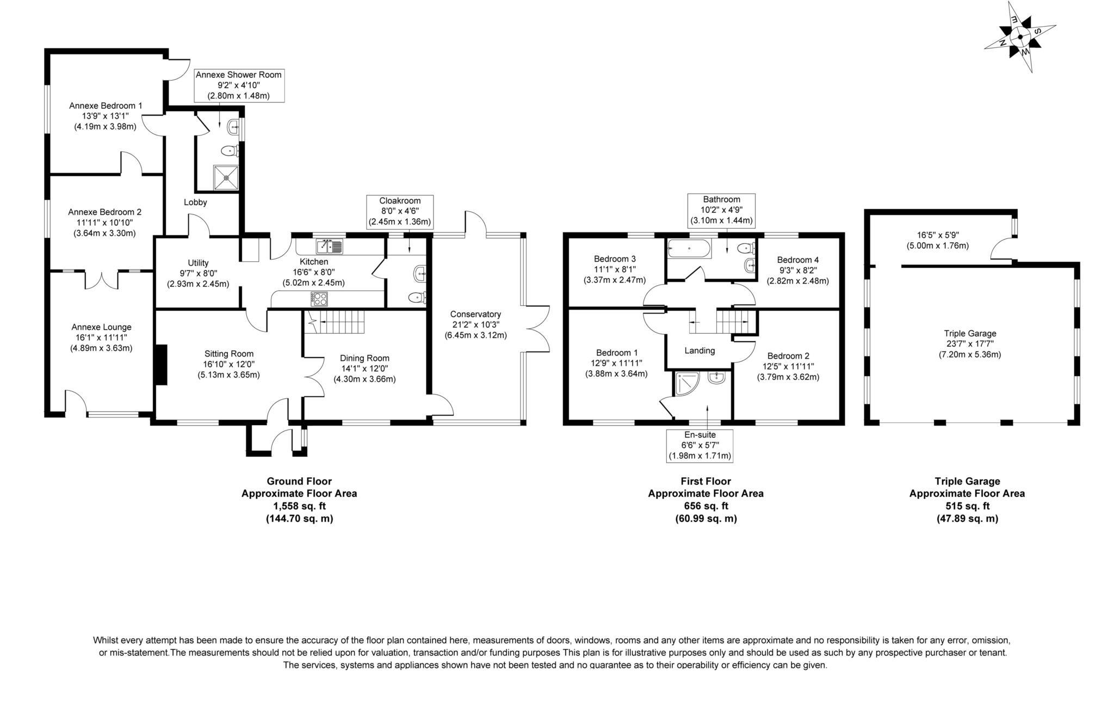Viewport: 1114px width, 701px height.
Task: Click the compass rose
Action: (1020, 38)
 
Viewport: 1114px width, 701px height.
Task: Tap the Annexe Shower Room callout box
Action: (239, 85)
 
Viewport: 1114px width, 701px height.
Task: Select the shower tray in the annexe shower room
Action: (225, 177)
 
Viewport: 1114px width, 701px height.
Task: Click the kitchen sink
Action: (330, 247)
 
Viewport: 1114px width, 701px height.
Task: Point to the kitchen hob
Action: (319, 299)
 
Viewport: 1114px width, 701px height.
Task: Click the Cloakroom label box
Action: (400, 211)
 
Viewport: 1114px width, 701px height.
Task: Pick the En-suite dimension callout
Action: (700, 445)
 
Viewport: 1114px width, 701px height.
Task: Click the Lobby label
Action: (195, 202)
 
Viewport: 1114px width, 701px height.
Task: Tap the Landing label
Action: (700, 350)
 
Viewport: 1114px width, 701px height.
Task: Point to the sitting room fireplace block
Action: (160, 365)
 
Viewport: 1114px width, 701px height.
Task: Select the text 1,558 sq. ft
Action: (299, 506)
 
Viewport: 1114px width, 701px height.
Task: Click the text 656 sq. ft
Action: (705, 506)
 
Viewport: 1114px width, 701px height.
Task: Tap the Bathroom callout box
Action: (721, 210)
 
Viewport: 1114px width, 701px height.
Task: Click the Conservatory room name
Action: (475, 314)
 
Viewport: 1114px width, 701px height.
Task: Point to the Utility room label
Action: (198, 263)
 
